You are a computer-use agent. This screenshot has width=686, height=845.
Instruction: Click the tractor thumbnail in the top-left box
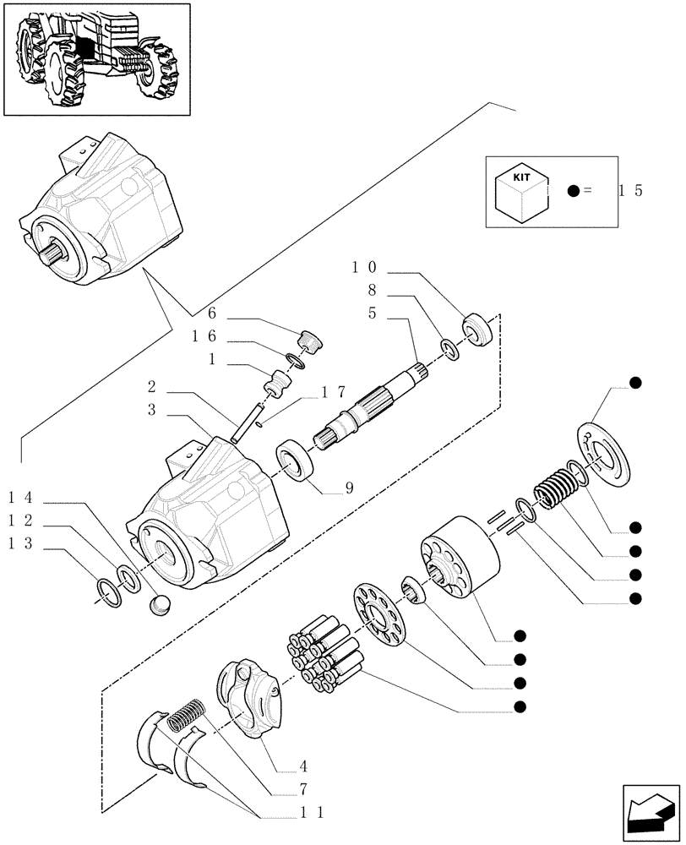point(95,58)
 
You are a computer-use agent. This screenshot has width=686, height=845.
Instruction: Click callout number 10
point(365,268)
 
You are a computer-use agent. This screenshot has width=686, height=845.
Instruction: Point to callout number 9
point(349,487)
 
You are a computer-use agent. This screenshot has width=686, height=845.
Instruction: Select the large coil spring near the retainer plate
point(553,489)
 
